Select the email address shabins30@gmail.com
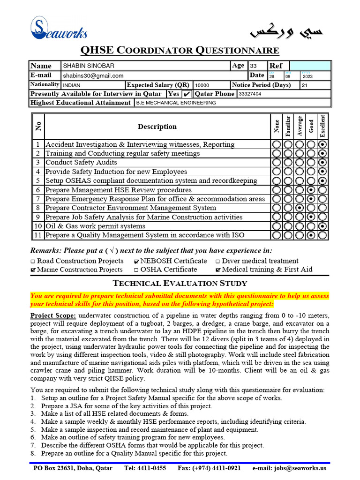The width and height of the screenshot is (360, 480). (x=93, y=75)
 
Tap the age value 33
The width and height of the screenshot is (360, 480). (x=253, y=66)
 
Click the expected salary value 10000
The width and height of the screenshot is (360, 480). (x=202, y=85)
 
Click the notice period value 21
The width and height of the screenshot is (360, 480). (x=305, y=85)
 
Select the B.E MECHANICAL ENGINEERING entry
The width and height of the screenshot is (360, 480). (x=176, y=103)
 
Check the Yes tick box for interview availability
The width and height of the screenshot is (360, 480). (x=187, y=94)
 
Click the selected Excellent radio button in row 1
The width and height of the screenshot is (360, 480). (x=323, y=144)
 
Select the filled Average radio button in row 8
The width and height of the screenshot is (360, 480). (x=300, y=208)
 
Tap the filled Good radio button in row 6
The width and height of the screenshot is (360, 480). (x=311, y=190)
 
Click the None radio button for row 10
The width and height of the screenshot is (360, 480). (x=277, y=226)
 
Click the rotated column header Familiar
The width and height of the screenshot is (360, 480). (x=288, y=126)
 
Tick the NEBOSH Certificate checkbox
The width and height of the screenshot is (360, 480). (x=136, y=261)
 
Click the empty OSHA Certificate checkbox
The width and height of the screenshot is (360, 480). (x=136, y=270)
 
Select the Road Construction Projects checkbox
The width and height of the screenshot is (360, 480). (x=33, y=261)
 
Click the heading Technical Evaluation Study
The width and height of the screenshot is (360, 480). (x=180, y=283)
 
